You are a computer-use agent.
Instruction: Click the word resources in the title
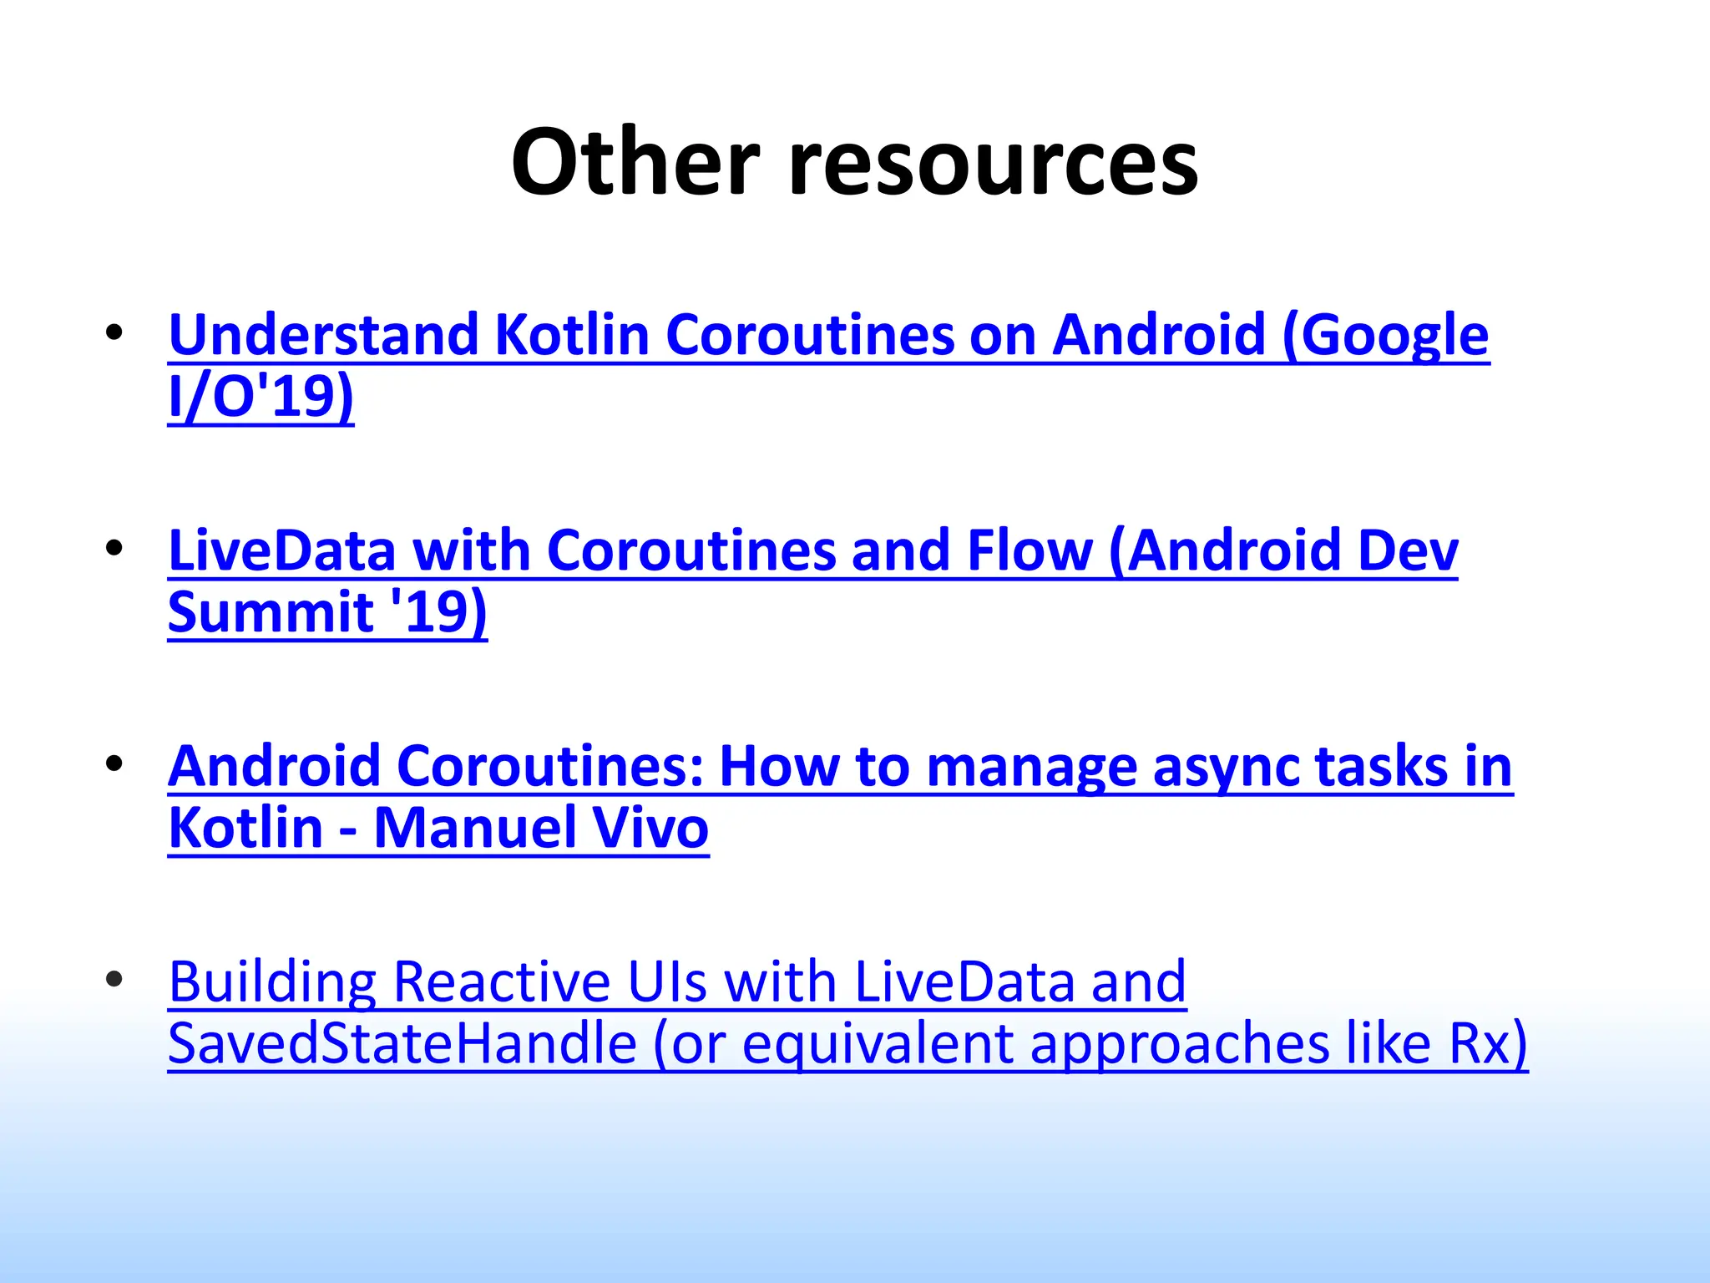(x=993, y=164)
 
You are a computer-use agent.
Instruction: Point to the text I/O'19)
(x=261, y=396)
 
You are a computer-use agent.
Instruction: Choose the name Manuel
(x=474, y=829)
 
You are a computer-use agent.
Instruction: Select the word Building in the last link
(x=272, y=982)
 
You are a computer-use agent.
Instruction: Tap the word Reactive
(x=501, y=982)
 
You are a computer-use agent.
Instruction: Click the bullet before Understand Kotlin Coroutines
(x=114, y=332)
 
